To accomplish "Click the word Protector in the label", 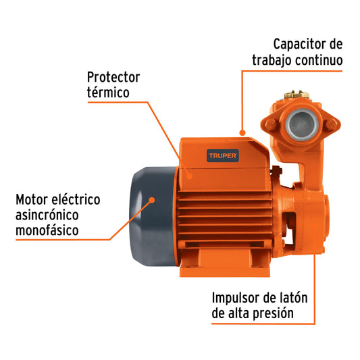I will click(113, 77).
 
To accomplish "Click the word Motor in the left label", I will click(31, 200).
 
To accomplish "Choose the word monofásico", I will click(46, 230).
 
